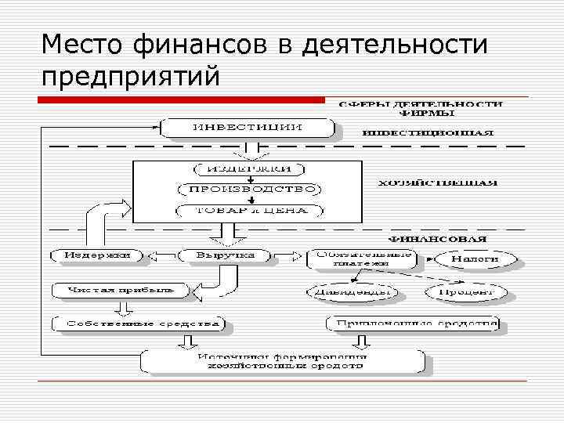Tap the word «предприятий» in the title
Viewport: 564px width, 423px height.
coord(131,78)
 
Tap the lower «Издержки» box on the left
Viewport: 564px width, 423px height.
coord(98,255)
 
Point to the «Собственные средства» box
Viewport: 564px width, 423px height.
coord(138,324)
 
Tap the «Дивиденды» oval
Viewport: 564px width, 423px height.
coord(352,292)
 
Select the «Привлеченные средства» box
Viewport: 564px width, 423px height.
coord(413,324)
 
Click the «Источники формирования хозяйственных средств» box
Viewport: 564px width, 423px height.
coord(283,360)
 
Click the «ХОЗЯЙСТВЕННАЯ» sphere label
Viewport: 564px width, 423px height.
coord(437,183)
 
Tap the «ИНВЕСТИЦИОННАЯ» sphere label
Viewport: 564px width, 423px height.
coord(428,132)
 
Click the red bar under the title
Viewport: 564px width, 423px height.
coord(182,100)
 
